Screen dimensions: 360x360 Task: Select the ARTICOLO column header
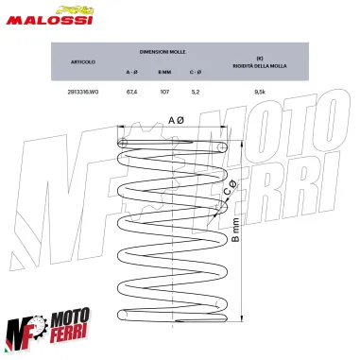pos(82,62)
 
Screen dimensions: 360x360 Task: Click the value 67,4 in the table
pos(131,93)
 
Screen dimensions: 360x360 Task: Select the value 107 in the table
pos(163,93)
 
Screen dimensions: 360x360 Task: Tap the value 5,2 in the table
pos(195,93)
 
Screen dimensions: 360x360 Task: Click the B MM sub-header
pos(163,73)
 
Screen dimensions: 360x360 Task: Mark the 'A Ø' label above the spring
pos(175,121)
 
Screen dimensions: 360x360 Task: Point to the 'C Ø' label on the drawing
pos(231,195)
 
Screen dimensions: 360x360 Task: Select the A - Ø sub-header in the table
pos(131,73)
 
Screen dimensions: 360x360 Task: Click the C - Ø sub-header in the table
pos(195,73)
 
